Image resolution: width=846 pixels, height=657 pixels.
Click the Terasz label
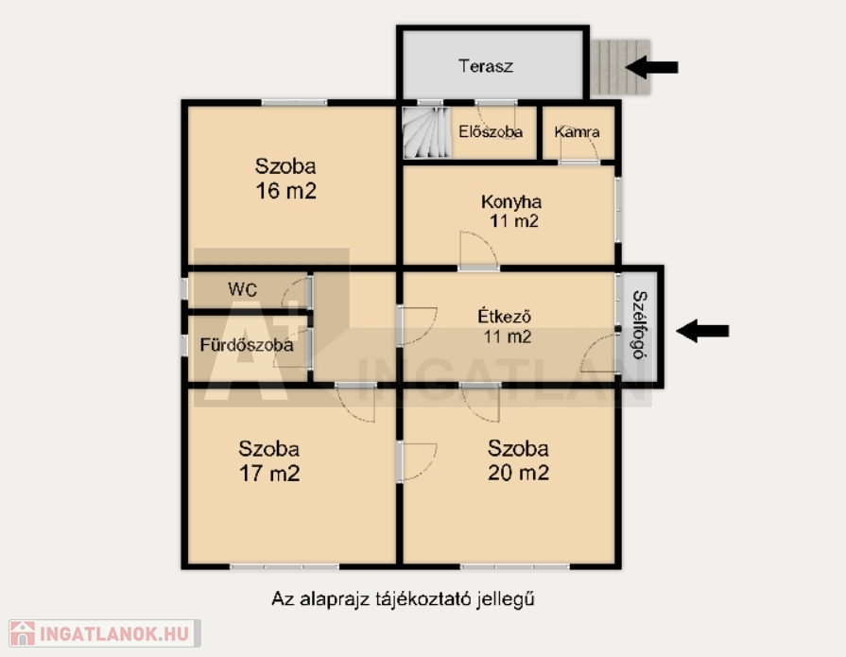tap(486, 66)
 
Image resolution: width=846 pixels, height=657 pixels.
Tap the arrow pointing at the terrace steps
tap(651, 67)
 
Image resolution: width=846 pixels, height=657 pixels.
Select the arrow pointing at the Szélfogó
tap(702, 331)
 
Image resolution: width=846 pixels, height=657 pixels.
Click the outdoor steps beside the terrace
tap(620, 67)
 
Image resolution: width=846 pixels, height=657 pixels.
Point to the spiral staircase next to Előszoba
tap(427, 132)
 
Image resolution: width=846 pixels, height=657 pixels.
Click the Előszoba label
tap(491, 132)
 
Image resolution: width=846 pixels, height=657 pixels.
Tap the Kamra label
tap(577, 132)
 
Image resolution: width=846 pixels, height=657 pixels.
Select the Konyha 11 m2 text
tap(511, 212)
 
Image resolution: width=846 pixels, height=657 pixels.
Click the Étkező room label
tap(505, 316)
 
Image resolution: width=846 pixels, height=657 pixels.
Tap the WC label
tap(242, 289)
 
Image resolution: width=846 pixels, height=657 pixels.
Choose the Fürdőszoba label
tap(247, 345)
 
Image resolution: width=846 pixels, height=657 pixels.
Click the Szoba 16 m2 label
tap(285, 179)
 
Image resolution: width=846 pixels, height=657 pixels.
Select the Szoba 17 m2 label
tap(268, 461)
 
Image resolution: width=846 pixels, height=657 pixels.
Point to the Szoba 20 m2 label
tap(518, 460)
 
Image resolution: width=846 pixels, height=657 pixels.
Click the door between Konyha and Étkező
tap(478, 250)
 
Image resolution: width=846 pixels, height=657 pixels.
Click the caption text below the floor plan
tap(403, 599)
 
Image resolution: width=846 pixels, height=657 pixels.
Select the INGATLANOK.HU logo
tap(105, 633)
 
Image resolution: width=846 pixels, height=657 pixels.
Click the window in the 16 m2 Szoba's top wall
tap(294, 102)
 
